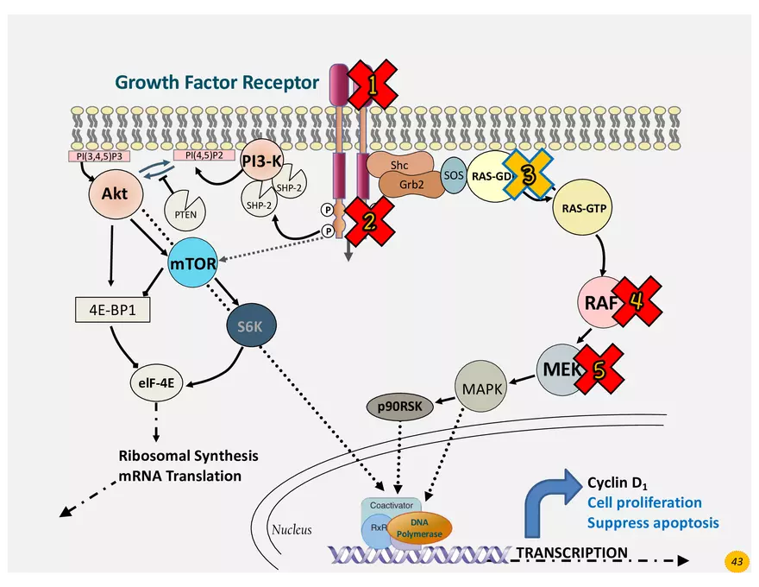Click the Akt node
pyautogui.click(x=114, y=194)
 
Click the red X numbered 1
pyautogui.click(x=372, y=85)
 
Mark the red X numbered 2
pyautogui.click(x=368, y=222)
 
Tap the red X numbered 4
pyautogui.click(x=636, y=301)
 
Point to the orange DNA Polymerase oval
pyautogui.click(x=418, y=527)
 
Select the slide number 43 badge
pyautogui.click(x=737, y=562)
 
